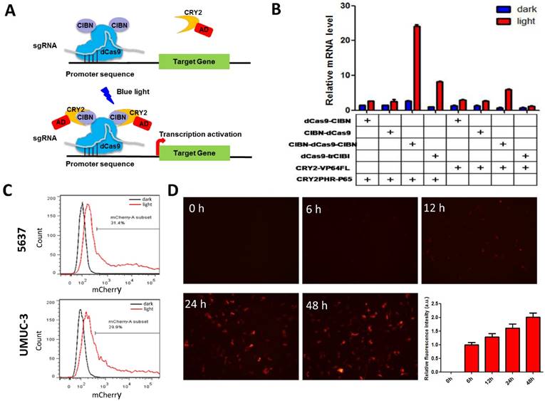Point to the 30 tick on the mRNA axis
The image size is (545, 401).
(x=345, y=6)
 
